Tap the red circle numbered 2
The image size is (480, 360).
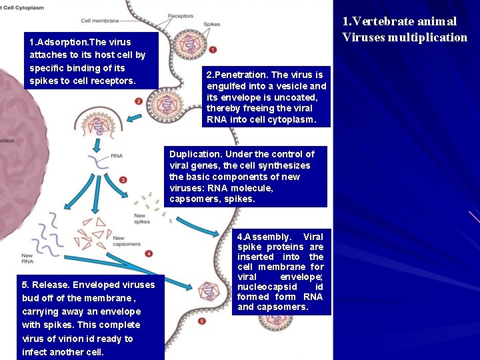coord(138,101)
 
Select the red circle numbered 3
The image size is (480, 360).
coord(123,179)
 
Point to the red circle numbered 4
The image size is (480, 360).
coord(149,253)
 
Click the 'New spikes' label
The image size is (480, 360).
coord(140,219)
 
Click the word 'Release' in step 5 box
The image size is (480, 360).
coord(49,285)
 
